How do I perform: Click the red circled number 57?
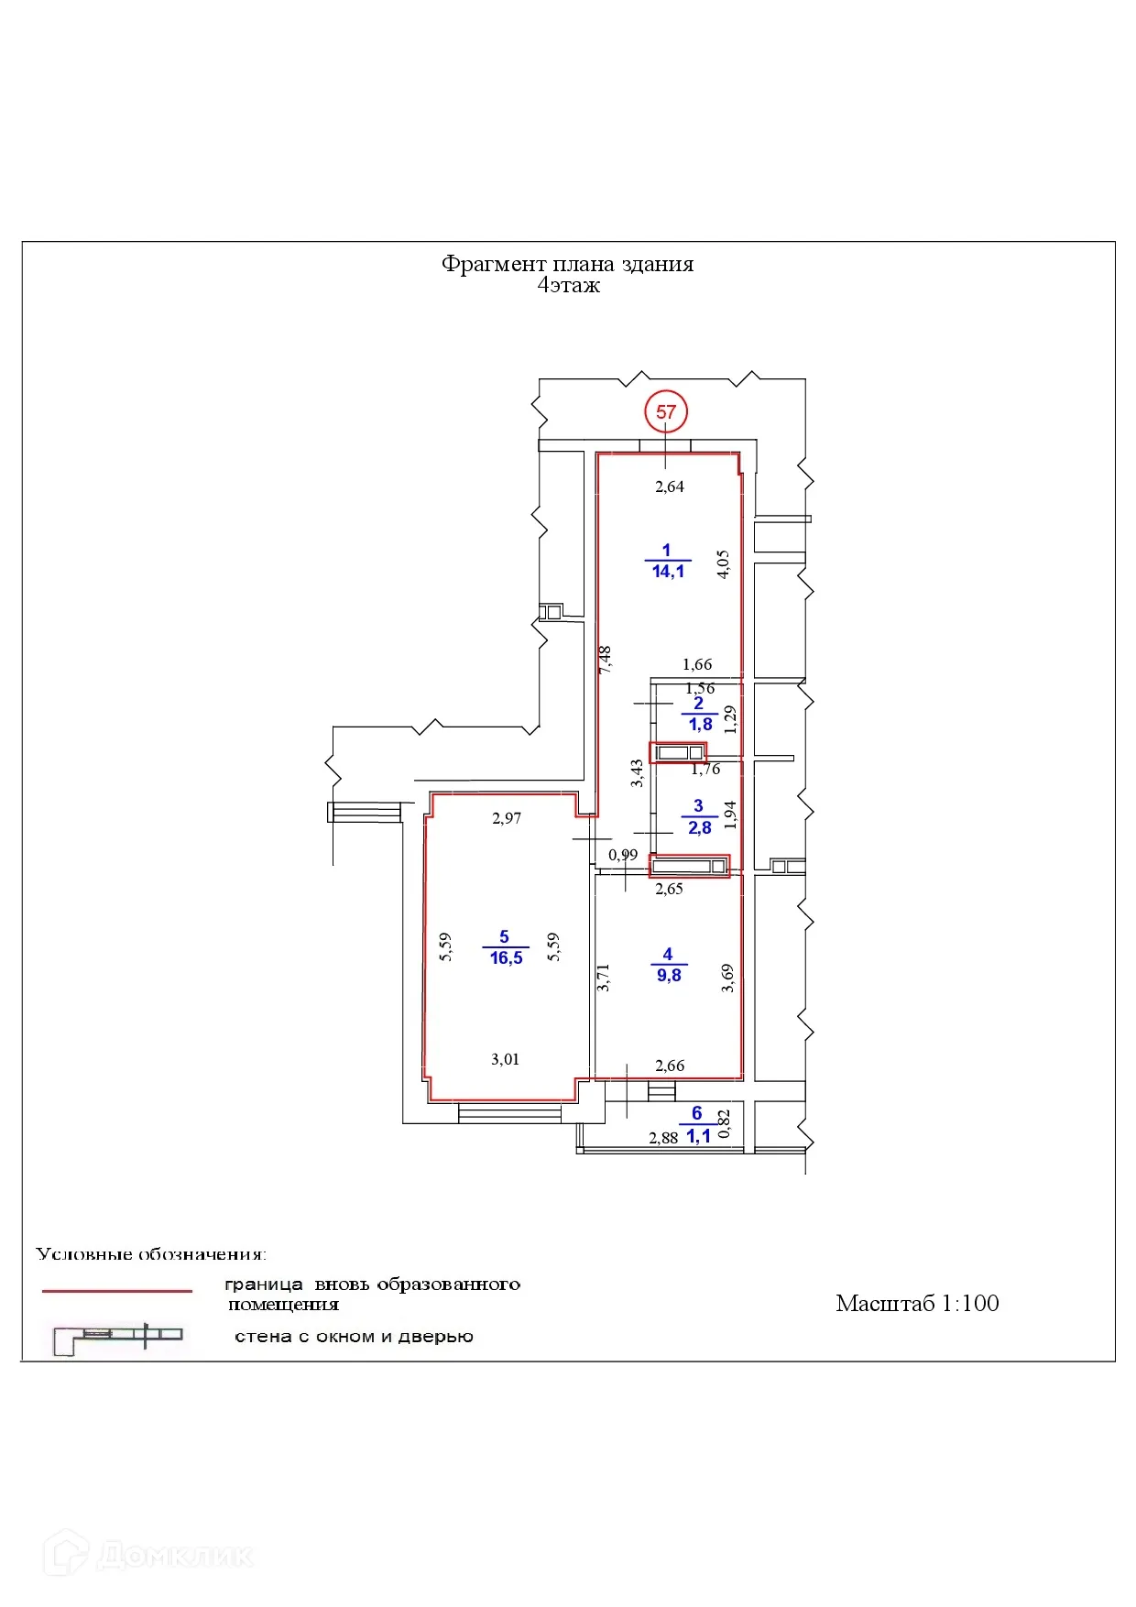click(x=666, y=412)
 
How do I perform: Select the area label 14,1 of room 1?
click(x=668, y=572)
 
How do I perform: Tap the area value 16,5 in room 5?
click(x=506, y=958)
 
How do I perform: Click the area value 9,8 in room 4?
click(x=669, y=976)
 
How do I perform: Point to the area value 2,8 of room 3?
click(x=699, y=828)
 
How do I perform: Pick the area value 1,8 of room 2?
click(x=700, y=725)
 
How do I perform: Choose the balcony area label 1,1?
click(x=698, y=1136)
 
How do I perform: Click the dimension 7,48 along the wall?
click(x=605, y=660)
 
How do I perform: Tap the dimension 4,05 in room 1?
click(x=723, y=563)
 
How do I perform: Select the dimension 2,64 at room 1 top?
click(x=669, y=486)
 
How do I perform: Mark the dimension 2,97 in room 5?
click(x=506, y=818)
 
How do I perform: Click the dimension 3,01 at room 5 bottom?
click(x=505, y=1059)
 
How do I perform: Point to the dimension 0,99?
click(x=623, y=855)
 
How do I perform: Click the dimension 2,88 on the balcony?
click(x=663, y=1138)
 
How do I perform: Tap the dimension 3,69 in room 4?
click(x=727, y=978)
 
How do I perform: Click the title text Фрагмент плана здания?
click(x=567, y=264)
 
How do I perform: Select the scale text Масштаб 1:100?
click(x=916, y=1303)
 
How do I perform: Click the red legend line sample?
click(x=117, y=1291)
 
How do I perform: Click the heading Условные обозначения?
click(x=151, y=1253)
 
